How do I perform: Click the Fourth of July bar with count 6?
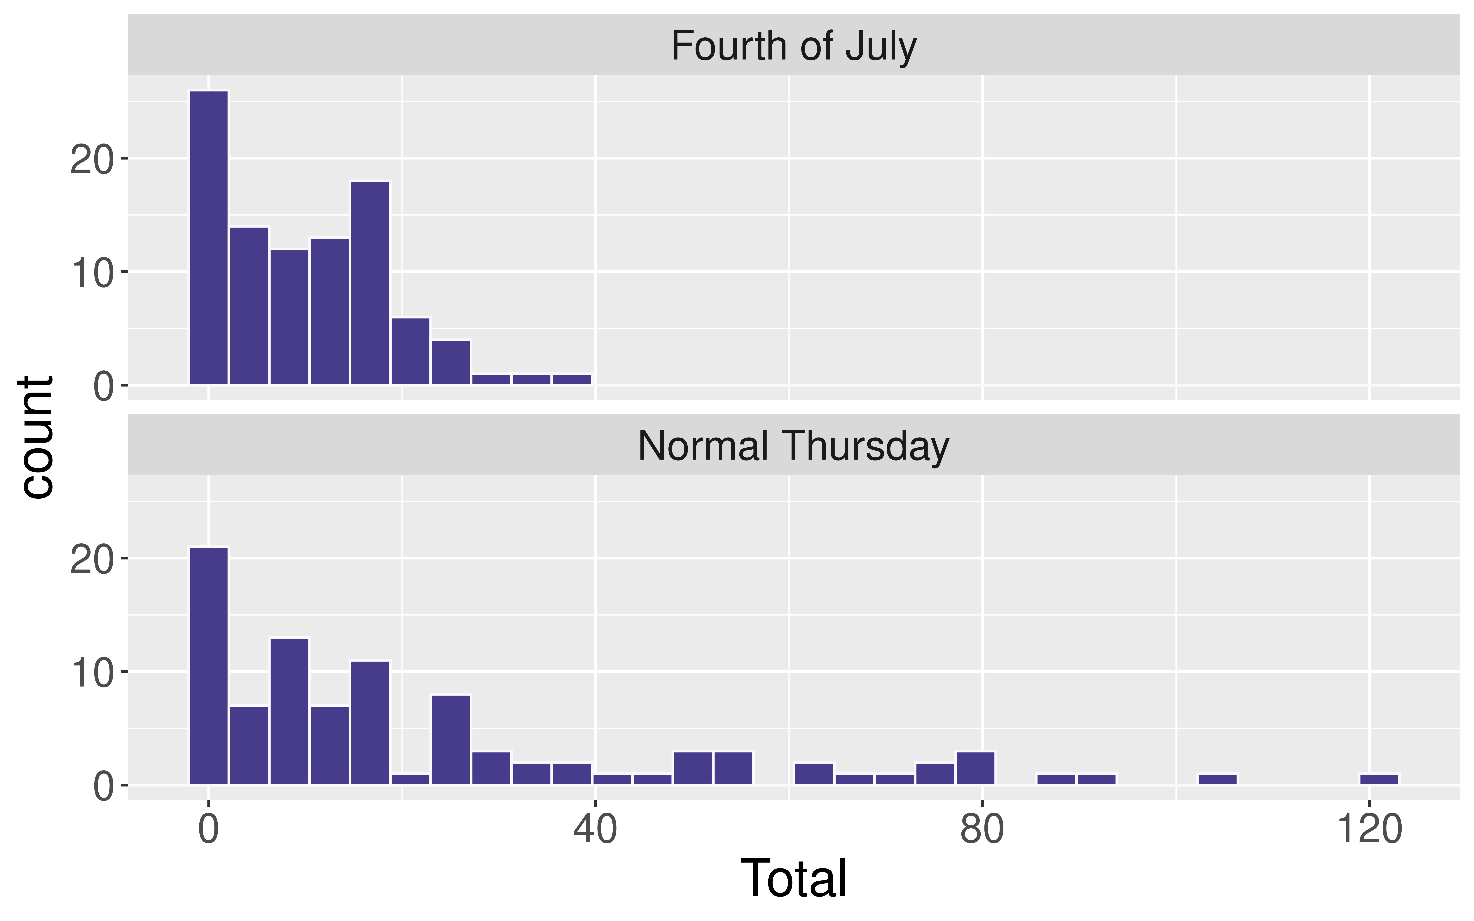coord(410,351)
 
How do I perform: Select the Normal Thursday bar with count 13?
coord(289,711)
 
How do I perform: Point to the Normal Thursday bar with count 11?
coord(370,722)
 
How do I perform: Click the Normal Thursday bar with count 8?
coord(451,740)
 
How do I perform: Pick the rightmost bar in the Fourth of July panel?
coord(571,379)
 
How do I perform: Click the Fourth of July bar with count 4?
coord(451,363)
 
